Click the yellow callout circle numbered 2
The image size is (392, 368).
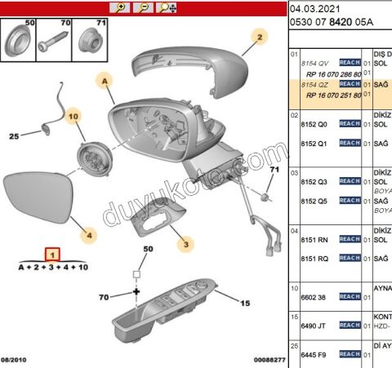259,37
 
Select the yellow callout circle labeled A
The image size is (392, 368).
105,81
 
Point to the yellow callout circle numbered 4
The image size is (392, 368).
91,234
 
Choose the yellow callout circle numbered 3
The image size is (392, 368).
186,242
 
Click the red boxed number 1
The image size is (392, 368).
51,255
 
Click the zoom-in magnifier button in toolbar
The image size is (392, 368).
121,7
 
